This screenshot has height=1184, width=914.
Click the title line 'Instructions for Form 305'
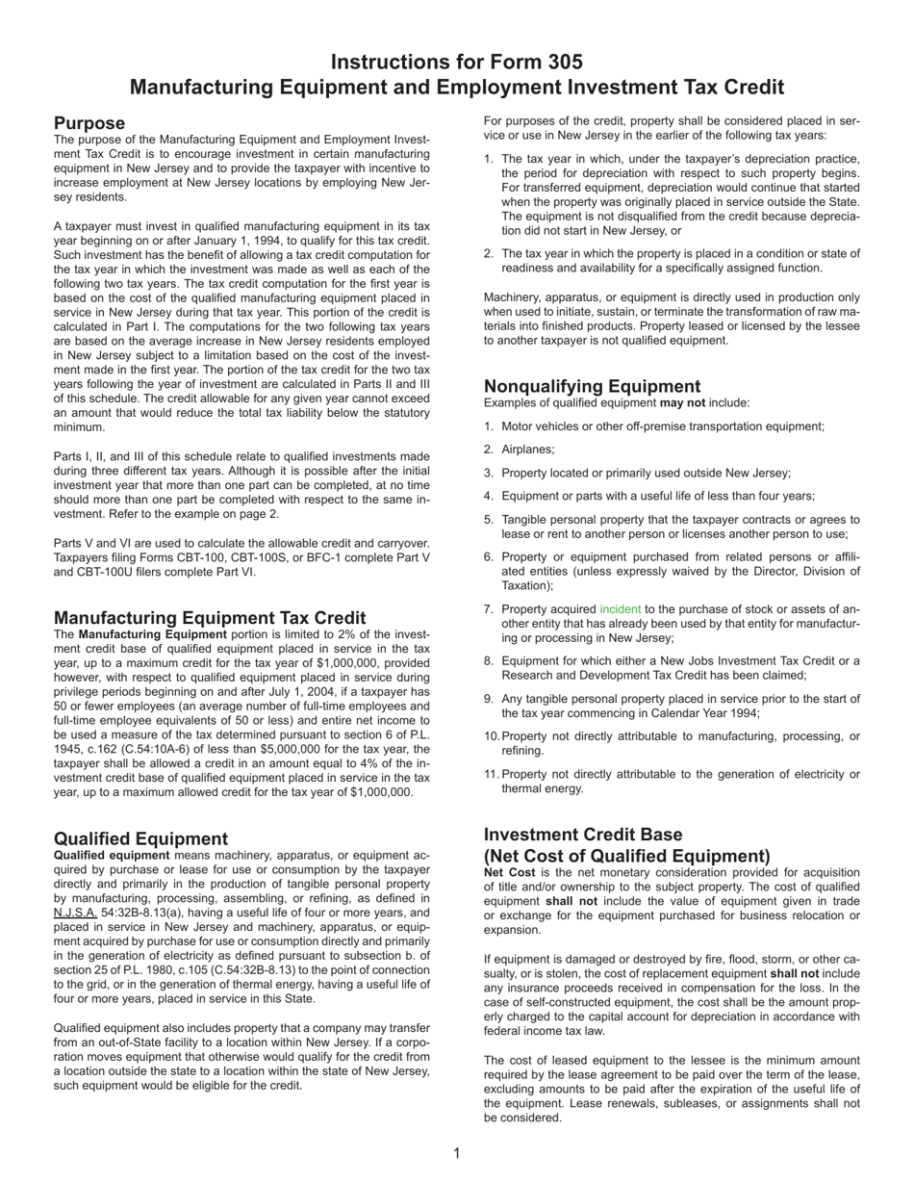(x=456, y=63)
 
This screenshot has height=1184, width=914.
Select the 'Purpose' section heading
(x=89, y=123)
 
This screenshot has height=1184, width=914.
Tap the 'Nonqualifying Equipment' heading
(x=592, y=387)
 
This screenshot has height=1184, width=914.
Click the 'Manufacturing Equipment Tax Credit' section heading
(x=210, y=618)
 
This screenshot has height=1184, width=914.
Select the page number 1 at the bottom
(x=457, y=1153)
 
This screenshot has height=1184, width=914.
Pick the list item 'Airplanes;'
(x=528, y=450)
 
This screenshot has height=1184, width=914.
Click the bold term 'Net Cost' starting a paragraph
(x=509, y=872)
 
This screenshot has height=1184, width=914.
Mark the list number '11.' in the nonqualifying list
(x=492, y=774)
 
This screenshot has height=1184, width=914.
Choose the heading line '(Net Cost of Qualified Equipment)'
(x=626, y=856)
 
